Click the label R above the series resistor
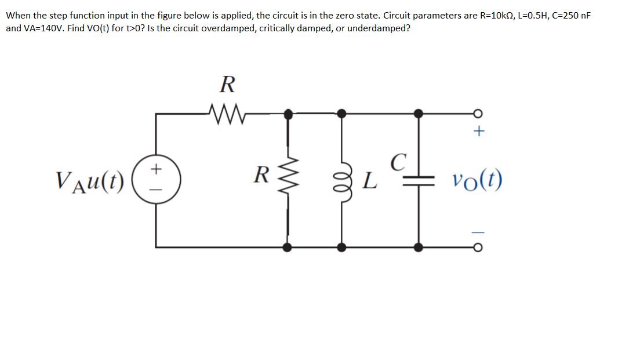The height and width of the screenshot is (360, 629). pos(227,85)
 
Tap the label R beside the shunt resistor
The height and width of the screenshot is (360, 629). pos(263,173)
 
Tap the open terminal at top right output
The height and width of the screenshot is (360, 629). pos(478,114)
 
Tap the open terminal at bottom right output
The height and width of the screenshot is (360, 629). pos(478,248)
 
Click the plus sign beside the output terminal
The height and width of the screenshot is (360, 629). pos(478,132)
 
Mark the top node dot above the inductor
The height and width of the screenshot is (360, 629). pos(342,114)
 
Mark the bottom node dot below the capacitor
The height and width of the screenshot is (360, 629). pos(418,248)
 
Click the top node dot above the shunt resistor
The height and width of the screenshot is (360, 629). pos(288,114)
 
